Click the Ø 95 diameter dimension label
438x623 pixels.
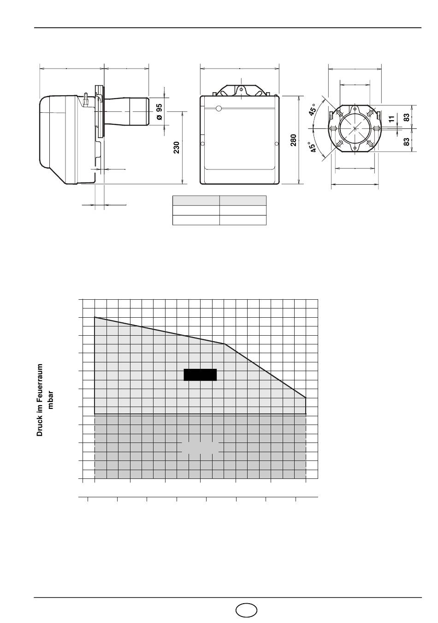[159, 112]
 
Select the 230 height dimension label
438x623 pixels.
[177, 147]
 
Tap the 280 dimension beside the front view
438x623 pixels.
[293, 140]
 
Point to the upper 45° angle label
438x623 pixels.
[313, 110]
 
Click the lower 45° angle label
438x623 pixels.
[313, 146]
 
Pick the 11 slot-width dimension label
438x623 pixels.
[392, 119]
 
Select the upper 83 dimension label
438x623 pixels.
[407, 117]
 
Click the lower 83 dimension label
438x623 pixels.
[407, 142]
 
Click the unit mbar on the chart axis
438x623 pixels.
[50, 400]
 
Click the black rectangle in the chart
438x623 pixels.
[200, 375]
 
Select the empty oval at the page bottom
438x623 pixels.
[246, 609]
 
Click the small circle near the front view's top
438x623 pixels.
[219, 109]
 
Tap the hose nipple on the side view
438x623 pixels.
[86, 99]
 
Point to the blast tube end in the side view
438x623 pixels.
[148, 111]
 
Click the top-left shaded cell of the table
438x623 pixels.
[196, 200]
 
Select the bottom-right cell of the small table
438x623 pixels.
[243, 220]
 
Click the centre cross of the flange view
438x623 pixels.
[355, 128]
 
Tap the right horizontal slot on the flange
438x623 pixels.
[377, 128]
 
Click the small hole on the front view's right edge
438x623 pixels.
[277, 144]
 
